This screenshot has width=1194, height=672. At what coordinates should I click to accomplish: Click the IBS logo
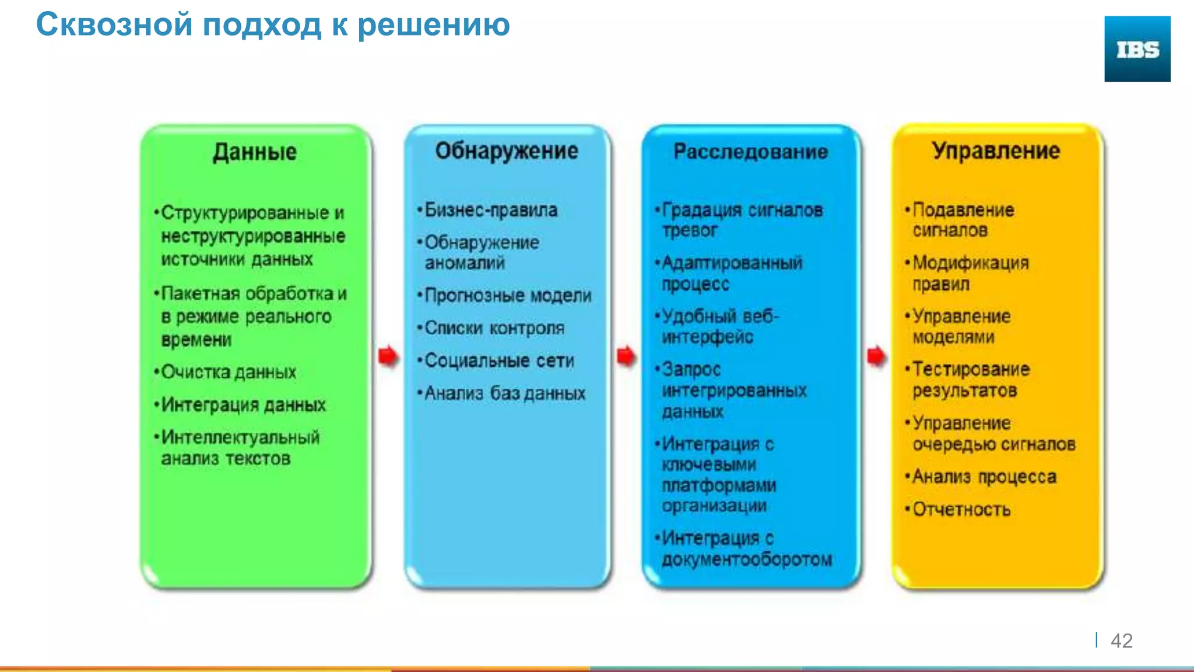[1137, 49]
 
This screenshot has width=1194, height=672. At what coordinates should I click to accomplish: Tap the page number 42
[1121, 640]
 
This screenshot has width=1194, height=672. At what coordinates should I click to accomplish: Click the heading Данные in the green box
[255, 152]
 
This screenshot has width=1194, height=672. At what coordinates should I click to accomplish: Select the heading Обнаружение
[507, 151]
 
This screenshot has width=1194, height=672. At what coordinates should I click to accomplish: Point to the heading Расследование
[750, 152]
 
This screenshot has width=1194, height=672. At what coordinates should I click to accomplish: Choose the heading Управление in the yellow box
[995, 151]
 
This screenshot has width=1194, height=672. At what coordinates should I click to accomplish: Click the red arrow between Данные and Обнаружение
[388, 356]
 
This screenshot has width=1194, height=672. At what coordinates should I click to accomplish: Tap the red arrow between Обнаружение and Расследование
[626, 356]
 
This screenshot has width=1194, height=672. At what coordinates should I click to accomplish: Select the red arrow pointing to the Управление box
[876, 356]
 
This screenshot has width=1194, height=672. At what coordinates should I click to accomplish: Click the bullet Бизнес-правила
[490, 210]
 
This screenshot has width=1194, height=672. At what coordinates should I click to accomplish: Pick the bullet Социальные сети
[499, 360]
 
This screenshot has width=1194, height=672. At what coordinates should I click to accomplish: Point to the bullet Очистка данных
[229, 372]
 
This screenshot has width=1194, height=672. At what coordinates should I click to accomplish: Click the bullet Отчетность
[961, 509]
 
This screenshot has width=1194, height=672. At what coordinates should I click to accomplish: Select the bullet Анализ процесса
[984, 477]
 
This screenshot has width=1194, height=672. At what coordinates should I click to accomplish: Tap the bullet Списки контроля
[494, 328]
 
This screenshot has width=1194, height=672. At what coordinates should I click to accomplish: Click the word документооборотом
[747, 559]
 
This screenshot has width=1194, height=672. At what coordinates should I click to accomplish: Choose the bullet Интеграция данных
[243, 405]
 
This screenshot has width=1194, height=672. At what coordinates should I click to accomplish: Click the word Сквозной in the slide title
[114, 25]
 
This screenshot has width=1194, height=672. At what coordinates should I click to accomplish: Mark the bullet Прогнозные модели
[507, 296]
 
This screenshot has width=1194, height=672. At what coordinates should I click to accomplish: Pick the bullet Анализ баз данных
[504, 393]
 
